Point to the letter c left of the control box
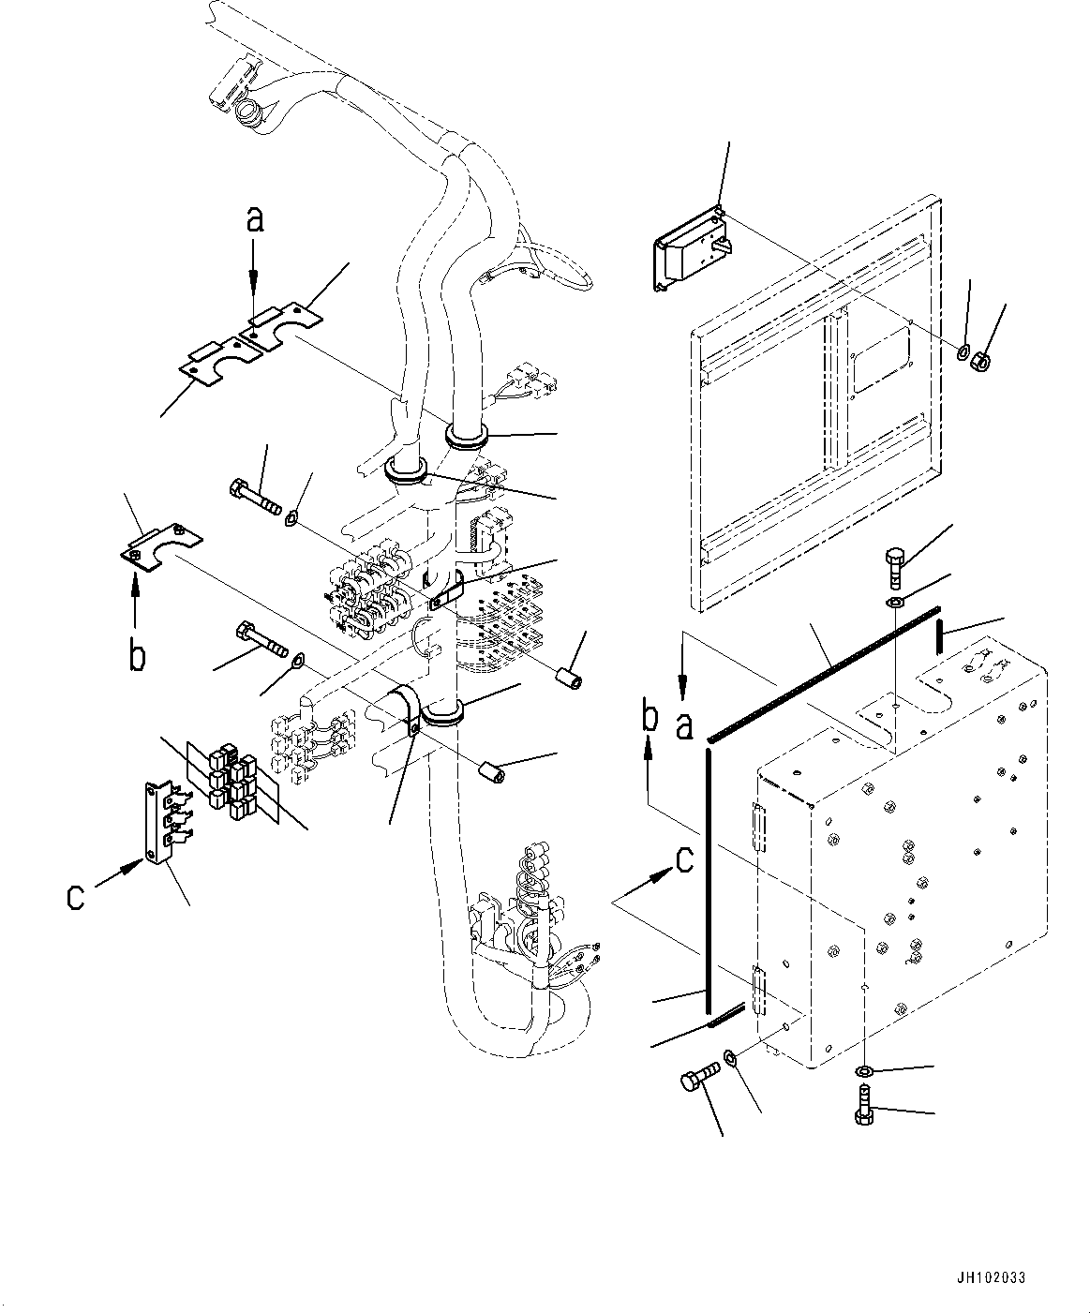pyautogui.click(x=685, y=859)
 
